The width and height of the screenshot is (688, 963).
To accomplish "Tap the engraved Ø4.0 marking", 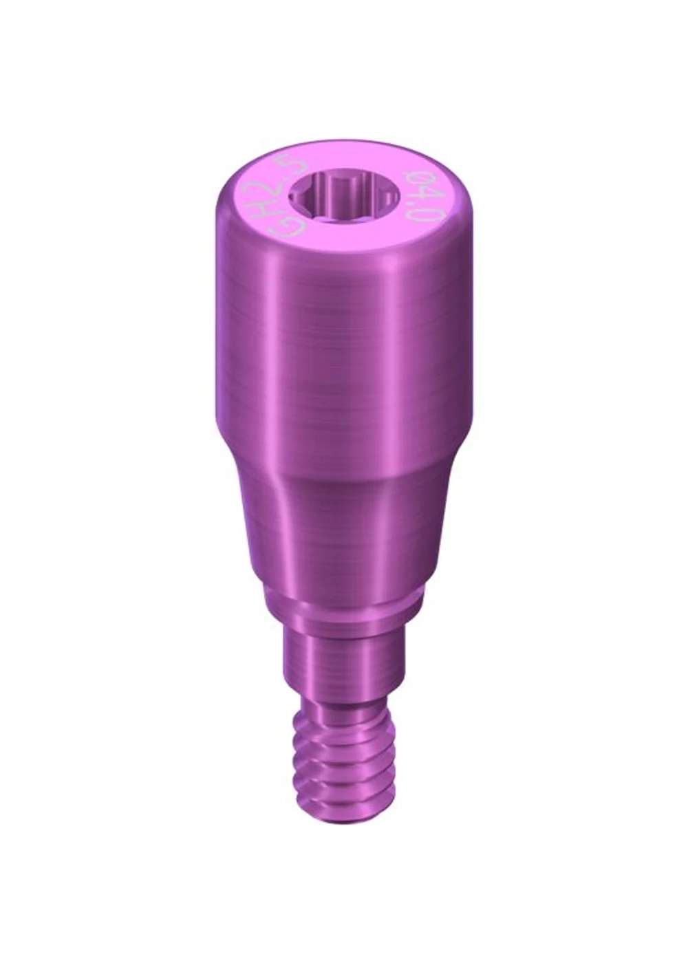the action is tap(424, 196).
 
